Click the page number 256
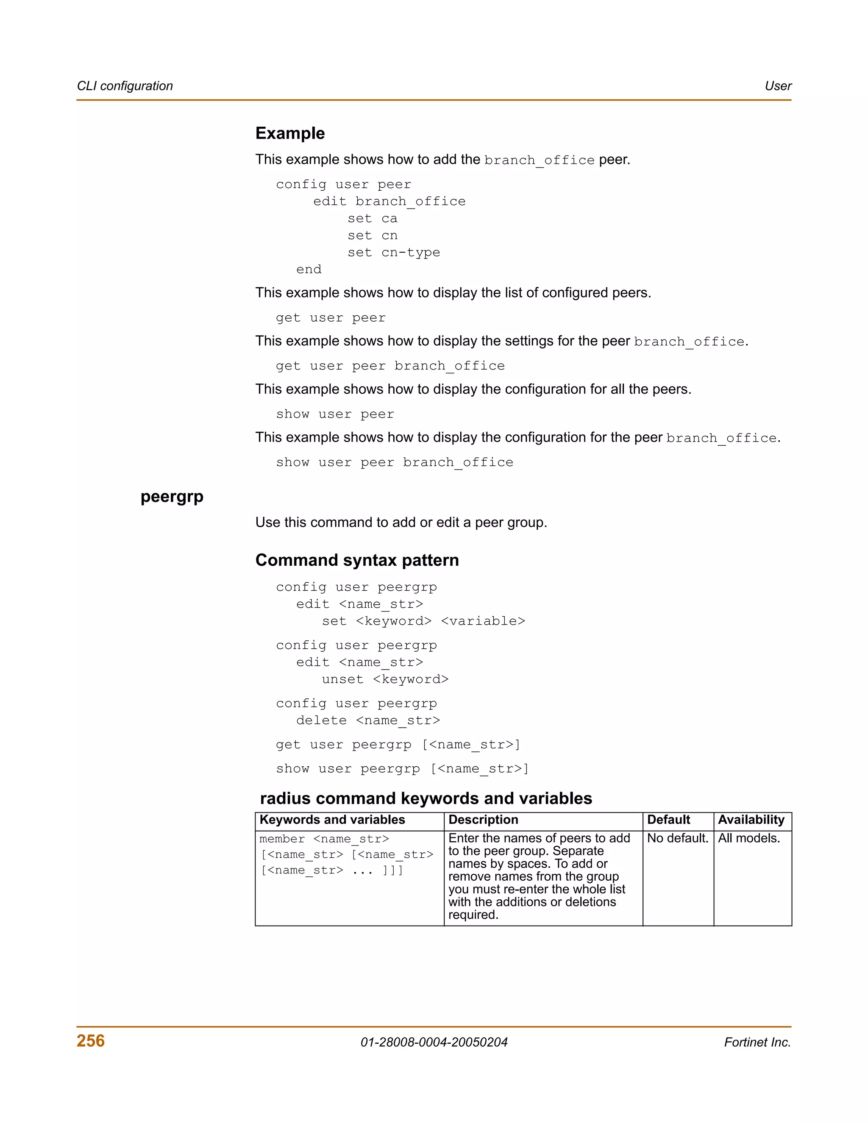91,1040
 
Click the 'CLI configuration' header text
125,86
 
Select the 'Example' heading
290,133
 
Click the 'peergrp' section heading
172,497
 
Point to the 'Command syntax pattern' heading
357,560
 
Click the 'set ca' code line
372,219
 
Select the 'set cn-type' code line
393,253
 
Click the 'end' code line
309,270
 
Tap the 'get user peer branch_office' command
390,366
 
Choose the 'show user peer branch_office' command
395,462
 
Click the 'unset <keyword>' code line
385,679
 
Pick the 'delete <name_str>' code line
367,720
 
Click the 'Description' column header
483,820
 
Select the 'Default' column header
668,820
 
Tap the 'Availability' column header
751,820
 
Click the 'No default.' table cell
677,838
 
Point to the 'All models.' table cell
749,838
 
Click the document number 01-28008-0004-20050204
434,1042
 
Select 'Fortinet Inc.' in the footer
757,1042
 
